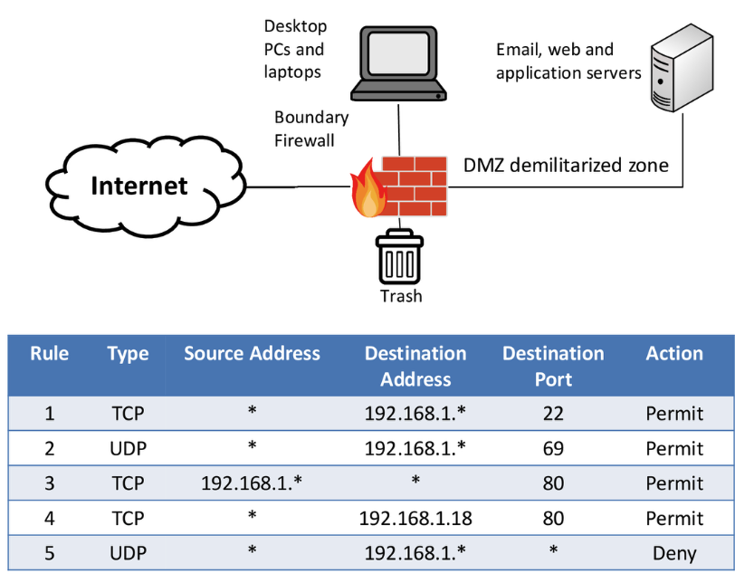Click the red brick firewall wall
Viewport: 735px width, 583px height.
[x=414, y=186]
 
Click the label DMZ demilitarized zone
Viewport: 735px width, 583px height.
[x=566, y=165]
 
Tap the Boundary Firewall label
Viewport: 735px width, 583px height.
[x=311, y=129]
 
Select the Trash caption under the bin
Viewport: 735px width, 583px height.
[x=400, y=296]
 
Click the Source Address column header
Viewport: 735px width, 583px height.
[x=252, y=354]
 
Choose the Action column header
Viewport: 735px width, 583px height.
[x=674, y=354]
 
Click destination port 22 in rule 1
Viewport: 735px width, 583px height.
[x=553, y=414]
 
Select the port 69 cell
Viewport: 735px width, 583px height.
[x=553, y=448]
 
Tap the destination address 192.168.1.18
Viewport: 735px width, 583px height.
[x=415, y=518]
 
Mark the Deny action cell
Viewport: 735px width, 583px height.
[x=674, y=552]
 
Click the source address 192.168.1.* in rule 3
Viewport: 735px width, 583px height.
[x=252, y=483]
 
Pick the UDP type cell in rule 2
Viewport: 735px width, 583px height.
[x=128, y=448]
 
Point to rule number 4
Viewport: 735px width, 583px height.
[x=50, y=518]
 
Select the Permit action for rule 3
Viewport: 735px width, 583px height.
[x=674, y=483]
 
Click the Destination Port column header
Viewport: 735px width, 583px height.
[x=553, y=366]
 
